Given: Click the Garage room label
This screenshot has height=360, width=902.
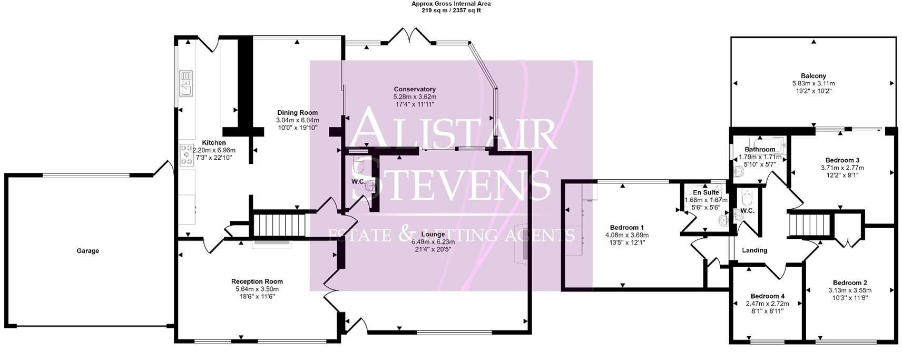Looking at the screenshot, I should tap(87, 251).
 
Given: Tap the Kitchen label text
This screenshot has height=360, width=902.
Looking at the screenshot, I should tap(214, 143).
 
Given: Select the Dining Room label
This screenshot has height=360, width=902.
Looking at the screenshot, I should tap(297, 113).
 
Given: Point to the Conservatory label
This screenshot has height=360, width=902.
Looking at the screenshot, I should tap(415, 90).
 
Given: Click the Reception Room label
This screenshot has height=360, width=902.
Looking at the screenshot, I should tap(257, 281).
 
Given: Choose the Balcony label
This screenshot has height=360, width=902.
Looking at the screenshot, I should tap(813, 76).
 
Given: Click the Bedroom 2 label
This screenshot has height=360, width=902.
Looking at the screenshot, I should tap(850, 283).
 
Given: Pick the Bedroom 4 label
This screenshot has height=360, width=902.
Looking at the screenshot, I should tap(767, 296).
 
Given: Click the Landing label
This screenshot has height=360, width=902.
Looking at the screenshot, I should tap(754, 250).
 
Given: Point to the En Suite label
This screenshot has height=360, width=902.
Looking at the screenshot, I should tap(706, 192).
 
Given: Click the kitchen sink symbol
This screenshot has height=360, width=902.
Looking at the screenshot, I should tap(186, 84).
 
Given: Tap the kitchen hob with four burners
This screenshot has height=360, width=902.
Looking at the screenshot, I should tap(187, 155).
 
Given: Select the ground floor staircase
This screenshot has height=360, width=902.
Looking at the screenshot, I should tap(280, 225).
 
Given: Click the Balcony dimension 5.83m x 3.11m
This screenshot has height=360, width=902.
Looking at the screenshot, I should tap(813, 83).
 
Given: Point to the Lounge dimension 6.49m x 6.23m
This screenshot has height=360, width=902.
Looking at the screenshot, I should tap(433, 242).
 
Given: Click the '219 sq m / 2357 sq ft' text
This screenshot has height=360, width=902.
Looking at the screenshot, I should tap(451, 10).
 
